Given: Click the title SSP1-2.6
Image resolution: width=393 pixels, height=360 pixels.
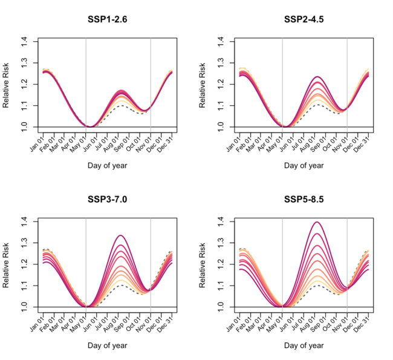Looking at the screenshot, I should click(x=108, y=20).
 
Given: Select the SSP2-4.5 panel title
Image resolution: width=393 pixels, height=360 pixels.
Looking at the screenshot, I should click(x=304, y=20).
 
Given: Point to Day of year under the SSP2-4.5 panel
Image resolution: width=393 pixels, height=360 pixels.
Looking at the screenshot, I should click(x=304, y=165).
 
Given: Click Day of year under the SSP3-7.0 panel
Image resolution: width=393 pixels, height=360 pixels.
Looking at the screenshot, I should click(x=108, y=346).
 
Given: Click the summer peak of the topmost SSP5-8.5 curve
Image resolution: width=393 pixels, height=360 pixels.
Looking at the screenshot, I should click(x=316, y=222).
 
